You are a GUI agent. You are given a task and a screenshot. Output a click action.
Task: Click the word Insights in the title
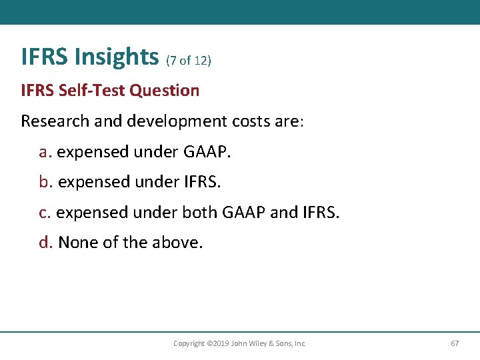pyautogui.click(x=117, y=57)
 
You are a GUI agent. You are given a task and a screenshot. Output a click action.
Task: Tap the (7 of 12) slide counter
pyautogui.click(x=188, y=61)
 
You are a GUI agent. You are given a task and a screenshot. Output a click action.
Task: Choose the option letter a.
pyautogui.click(x=45, y=152)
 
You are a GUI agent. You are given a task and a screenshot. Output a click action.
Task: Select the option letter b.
pyautogui.click(x=45, y=182)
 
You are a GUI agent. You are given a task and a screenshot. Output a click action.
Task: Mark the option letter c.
pyautogui.click(x=45, y=213)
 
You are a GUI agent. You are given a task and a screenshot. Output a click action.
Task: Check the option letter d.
pyautogui.click(x=45, y=243)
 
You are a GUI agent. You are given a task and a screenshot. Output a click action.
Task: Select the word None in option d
pyautogui.click(x=77, y=243)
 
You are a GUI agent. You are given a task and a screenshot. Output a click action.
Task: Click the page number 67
pyautogui.click(x=455, y=343)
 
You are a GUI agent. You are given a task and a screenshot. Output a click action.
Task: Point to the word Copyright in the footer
pyautogui.click(x=189, y=344)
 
